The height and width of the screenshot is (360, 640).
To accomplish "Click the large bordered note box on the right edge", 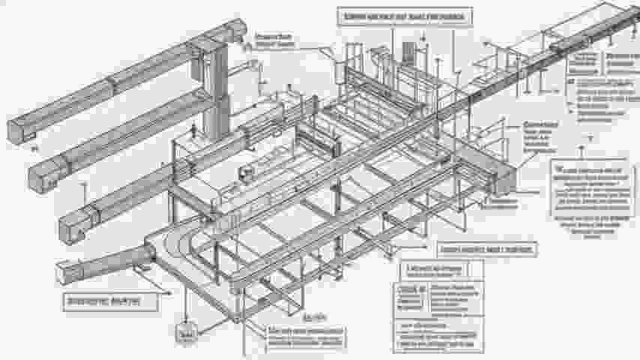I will click(589, 184).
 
